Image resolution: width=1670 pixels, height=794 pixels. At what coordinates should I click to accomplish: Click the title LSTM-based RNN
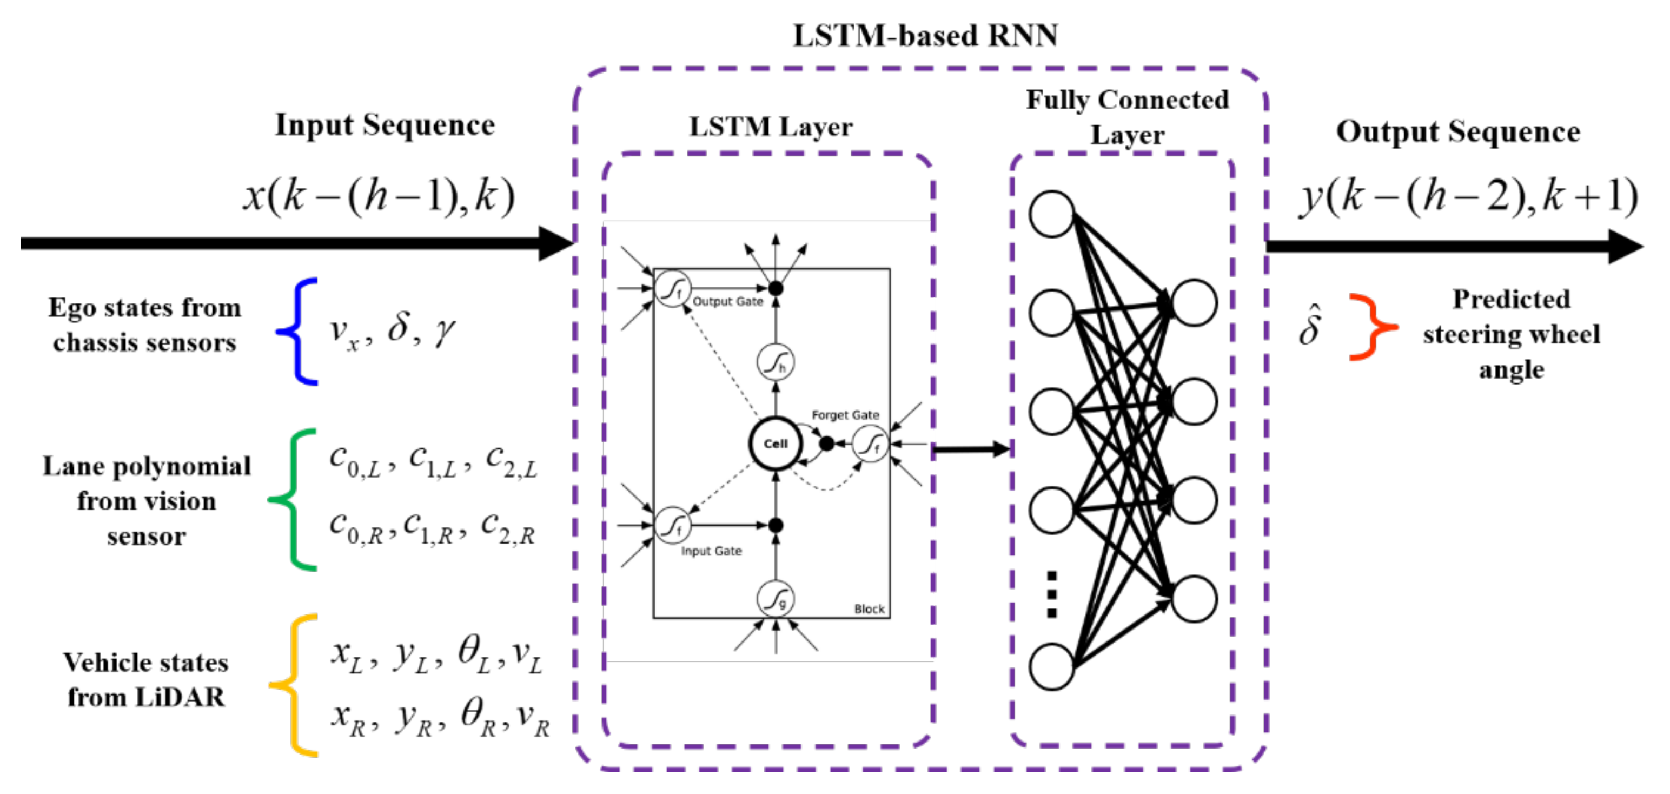click(x=925, y=36)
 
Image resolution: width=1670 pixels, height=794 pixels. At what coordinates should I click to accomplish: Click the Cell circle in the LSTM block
click(x=776, y=444)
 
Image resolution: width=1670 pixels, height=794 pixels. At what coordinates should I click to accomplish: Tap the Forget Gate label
click(x=845, y=415)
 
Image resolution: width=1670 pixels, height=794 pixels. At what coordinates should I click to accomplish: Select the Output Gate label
click(x=727, y=301)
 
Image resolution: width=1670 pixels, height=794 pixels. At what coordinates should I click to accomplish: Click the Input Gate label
click(x=711, y=551)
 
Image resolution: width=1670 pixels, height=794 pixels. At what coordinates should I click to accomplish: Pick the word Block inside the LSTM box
click(x=869, y=608)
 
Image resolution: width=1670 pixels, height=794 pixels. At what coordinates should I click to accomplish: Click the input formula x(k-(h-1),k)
click(x=379, y=195)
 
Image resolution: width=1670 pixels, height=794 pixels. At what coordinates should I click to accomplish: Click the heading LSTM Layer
click(x=770, y=127)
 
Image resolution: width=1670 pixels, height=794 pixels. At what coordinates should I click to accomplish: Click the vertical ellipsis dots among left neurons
click(x=1051, y=594)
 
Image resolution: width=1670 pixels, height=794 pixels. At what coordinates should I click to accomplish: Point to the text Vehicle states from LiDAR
click(x=146, y=679)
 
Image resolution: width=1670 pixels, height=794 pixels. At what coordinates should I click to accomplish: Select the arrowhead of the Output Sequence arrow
click(x=1625, y=246)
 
